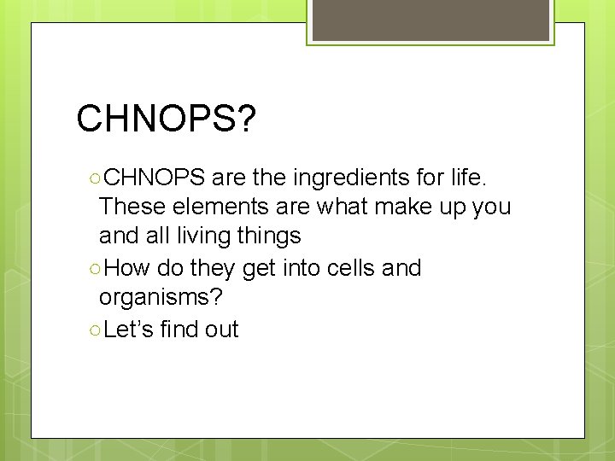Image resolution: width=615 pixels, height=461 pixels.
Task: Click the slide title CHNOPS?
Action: (x=166, y=120)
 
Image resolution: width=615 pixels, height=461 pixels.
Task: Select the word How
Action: (x=129, y=268)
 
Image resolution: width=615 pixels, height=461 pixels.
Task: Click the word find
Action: (x=182, y=330)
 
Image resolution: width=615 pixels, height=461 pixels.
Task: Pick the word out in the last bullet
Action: (x=222, y=330)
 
